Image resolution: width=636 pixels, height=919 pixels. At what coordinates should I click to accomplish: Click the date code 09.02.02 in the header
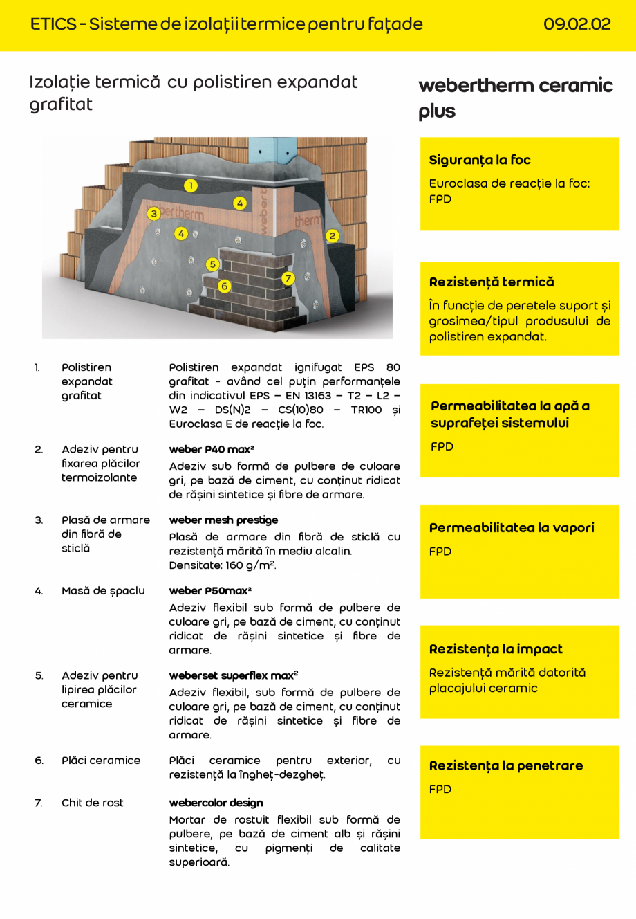pyautogui.click(x=577, y=24)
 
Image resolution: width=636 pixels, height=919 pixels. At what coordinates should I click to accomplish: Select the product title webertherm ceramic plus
pyautogui.click(x=515, y=98)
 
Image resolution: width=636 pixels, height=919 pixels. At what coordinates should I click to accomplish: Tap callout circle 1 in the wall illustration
pyautogui.click(x=191, y=185)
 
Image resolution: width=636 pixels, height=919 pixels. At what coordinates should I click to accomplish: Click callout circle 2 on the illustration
pyautogui.click(x=332, y=236)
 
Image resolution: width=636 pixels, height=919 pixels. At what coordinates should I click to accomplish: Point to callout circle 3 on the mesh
pyautogui.click(x=154, y=214)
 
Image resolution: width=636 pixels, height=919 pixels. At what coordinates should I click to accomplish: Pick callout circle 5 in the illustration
pyautogui.click(x=212, y=264)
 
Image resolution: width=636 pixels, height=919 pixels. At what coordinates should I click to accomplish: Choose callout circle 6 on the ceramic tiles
pyautogui.click(x=224, y=286)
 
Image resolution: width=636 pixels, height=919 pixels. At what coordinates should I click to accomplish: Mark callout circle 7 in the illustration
pyautogui.click(x=288, y=278)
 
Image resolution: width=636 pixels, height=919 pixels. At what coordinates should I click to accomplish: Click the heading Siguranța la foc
pyautogui.click(x=480, y=160)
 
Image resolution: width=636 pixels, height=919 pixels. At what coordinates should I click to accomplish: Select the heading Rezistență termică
pyautogui.click(x=492, y=282)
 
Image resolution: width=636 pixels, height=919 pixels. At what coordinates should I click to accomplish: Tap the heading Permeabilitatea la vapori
pyautogui.click(x=512, y=527)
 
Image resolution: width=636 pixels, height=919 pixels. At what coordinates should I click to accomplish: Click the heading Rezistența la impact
pyautogui.click(x=496, y=649)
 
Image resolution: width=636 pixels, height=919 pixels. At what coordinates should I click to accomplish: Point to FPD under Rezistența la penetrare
pyautogui.click(x=440, y=789)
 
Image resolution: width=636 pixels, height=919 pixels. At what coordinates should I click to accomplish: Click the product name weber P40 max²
pyautogui.click(x=212, y=449)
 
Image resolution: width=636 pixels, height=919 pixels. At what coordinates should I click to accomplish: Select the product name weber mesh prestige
pyautogui.click(x=223, y=520)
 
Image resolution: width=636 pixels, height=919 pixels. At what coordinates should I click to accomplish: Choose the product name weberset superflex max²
pyautogui.click(x=234, y=675)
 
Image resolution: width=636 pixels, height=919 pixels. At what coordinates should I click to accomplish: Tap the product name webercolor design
pyautogui.click(x=216, y=803)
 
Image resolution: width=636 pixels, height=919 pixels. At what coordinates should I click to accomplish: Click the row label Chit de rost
pyautogui.click(x=93, y=803)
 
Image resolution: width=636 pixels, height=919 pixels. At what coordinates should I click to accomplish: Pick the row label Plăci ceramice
pyautogui.click(x=101, y=760)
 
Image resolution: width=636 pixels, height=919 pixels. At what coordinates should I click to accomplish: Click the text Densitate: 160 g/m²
pyautogui.click(x=223, y=565)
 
